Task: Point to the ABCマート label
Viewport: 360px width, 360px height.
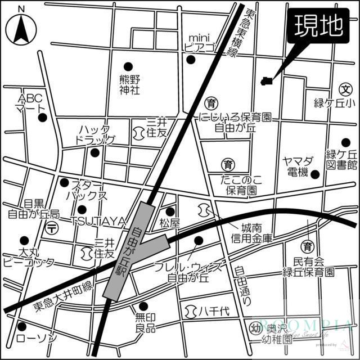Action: pyautogui.click(x=29, y=102)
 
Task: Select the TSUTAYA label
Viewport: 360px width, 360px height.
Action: pyautogui.click(x=97, y=222)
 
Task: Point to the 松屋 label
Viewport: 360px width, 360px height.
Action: pyautogui.click(x=169, y=223)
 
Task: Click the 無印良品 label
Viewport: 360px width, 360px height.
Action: pyautogui.click(x=145, y=322)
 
